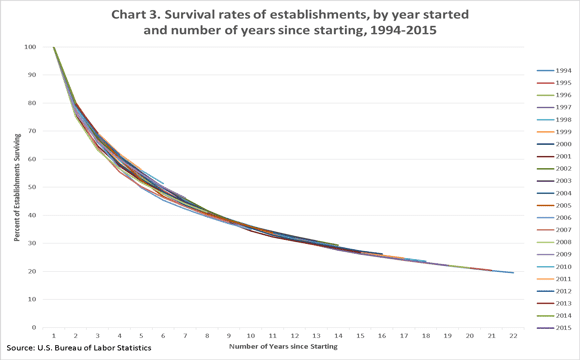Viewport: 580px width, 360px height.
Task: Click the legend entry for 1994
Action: tap(552, 71)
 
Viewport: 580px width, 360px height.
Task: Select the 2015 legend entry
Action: tap(552, 327)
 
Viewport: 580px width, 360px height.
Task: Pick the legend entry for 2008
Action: tap(552, 242)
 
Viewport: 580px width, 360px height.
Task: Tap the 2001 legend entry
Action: tap(552, 156)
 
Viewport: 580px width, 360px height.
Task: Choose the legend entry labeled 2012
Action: tap(552, 291)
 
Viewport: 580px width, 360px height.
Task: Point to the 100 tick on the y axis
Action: tap(32, 47)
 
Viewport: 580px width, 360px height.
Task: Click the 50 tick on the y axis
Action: tap(34, 187)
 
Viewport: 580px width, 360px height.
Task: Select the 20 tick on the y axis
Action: tap(34, 271)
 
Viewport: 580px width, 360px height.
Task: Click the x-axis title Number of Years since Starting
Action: tap(283, 347)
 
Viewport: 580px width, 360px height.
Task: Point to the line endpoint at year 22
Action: tap(513, 272)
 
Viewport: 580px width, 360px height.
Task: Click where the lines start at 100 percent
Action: tap(54, 47)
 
